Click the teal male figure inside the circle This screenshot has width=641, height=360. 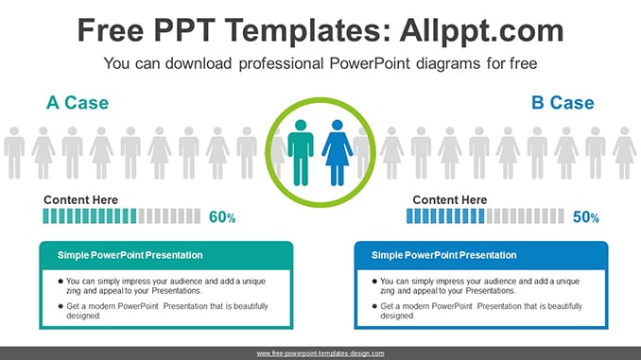click(x=301, y=153)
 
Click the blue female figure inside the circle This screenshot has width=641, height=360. click(x=338, y=153)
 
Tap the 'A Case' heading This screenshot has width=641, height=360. click(x=78, y=103)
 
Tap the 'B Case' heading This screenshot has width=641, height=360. click(x=563, y=103)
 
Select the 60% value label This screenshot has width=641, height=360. click(x=222, y=217)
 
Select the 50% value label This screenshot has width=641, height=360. click(x=586, y=217)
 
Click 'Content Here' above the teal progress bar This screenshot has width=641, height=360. click(x=81, y=199)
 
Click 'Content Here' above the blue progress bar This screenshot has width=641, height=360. click(x=450, y=199)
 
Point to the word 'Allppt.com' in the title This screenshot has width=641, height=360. click(x=481, y=30)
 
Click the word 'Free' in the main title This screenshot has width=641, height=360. click(x=111, y=30)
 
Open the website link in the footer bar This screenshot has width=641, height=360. click(x=320, y=353)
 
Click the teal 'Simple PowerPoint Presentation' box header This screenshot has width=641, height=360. click(x=166, y=255)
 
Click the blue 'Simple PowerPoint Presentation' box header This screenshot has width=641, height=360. click(x=481, y=255)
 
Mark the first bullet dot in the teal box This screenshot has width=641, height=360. click(x=61, y=282)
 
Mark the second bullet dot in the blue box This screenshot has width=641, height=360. click(x=374, y=306)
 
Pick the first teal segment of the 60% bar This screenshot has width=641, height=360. click(x=45, y=216)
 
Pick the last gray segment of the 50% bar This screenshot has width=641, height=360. click(x=561, y=216)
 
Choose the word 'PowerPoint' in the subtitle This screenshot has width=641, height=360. click(x=370, y=63)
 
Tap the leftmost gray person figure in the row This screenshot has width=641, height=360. click(x=14, y=153)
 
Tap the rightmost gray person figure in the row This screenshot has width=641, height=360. click(x=624, y=153)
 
